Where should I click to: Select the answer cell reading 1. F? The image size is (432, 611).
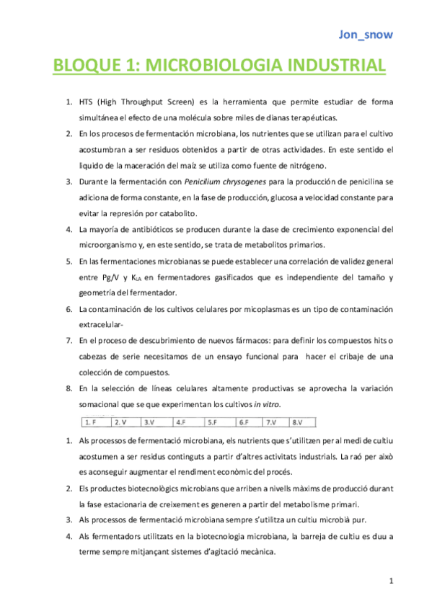coord(92,422)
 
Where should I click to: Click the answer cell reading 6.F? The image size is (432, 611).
coord(244,422)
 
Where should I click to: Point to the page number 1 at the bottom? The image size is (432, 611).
coord(390,581)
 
